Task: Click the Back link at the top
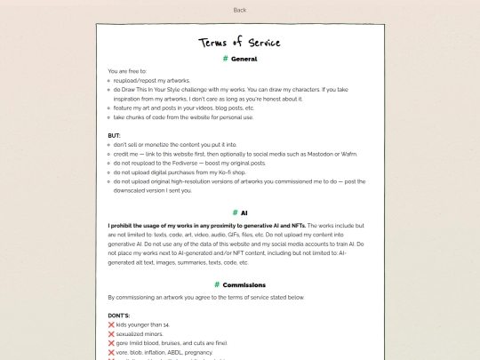pos(239,10)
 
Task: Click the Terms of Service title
pos(239,43)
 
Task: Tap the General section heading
pos(244,59)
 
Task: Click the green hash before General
pos(225,59)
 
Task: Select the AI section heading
pos(244,213)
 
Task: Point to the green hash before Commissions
pos(217,284)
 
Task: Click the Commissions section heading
pos(244,284)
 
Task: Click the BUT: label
pos(114,135)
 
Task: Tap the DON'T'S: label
pos(120,316)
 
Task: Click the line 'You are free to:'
pos(127,70)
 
